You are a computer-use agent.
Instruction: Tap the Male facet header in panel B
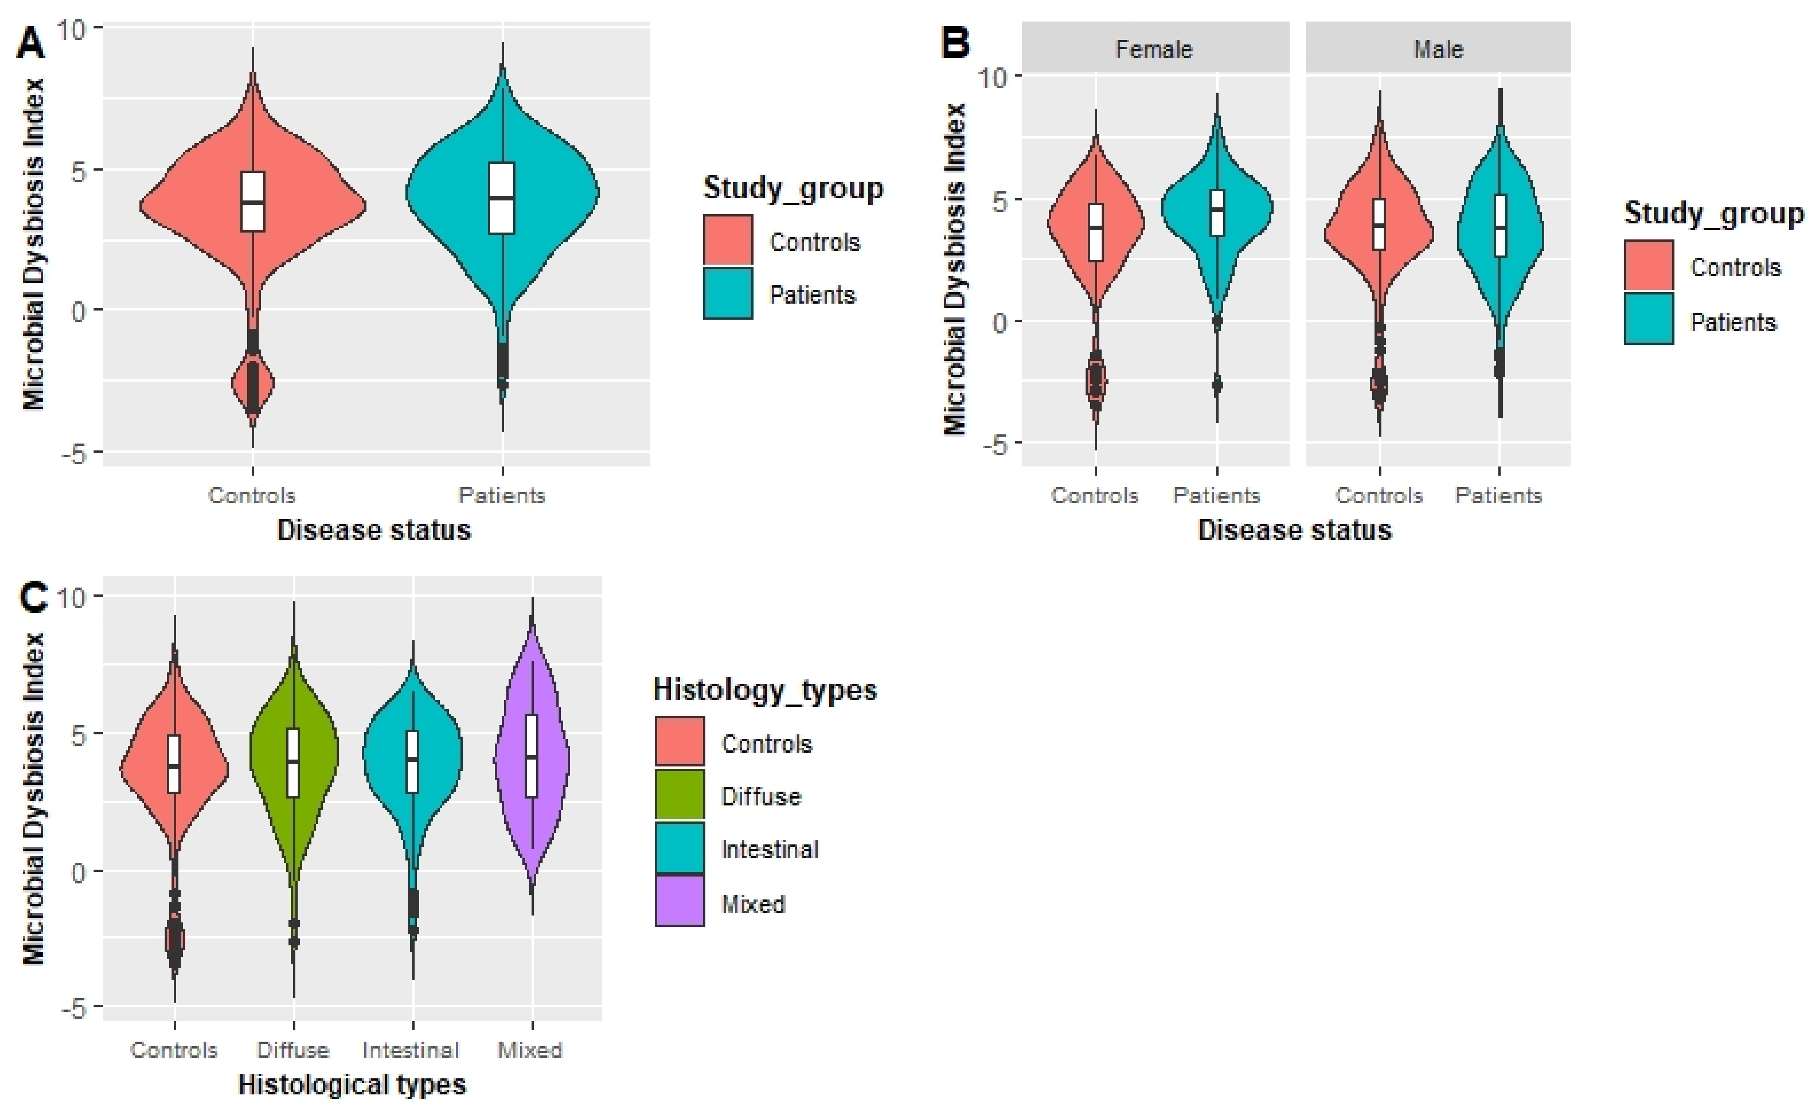(1437, 50)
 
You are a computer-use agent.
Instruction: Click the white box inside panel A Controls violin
(253, 201)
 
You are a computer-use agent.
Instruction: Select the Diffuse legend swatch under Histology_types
(680, 795)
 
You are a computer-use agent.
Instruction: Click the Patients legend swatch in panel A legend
(727, 294)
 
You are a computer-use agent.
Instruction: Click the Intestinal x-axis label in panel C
(411, 1049)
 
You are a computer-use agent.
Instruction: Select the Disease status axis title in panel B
(1294, 530)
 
